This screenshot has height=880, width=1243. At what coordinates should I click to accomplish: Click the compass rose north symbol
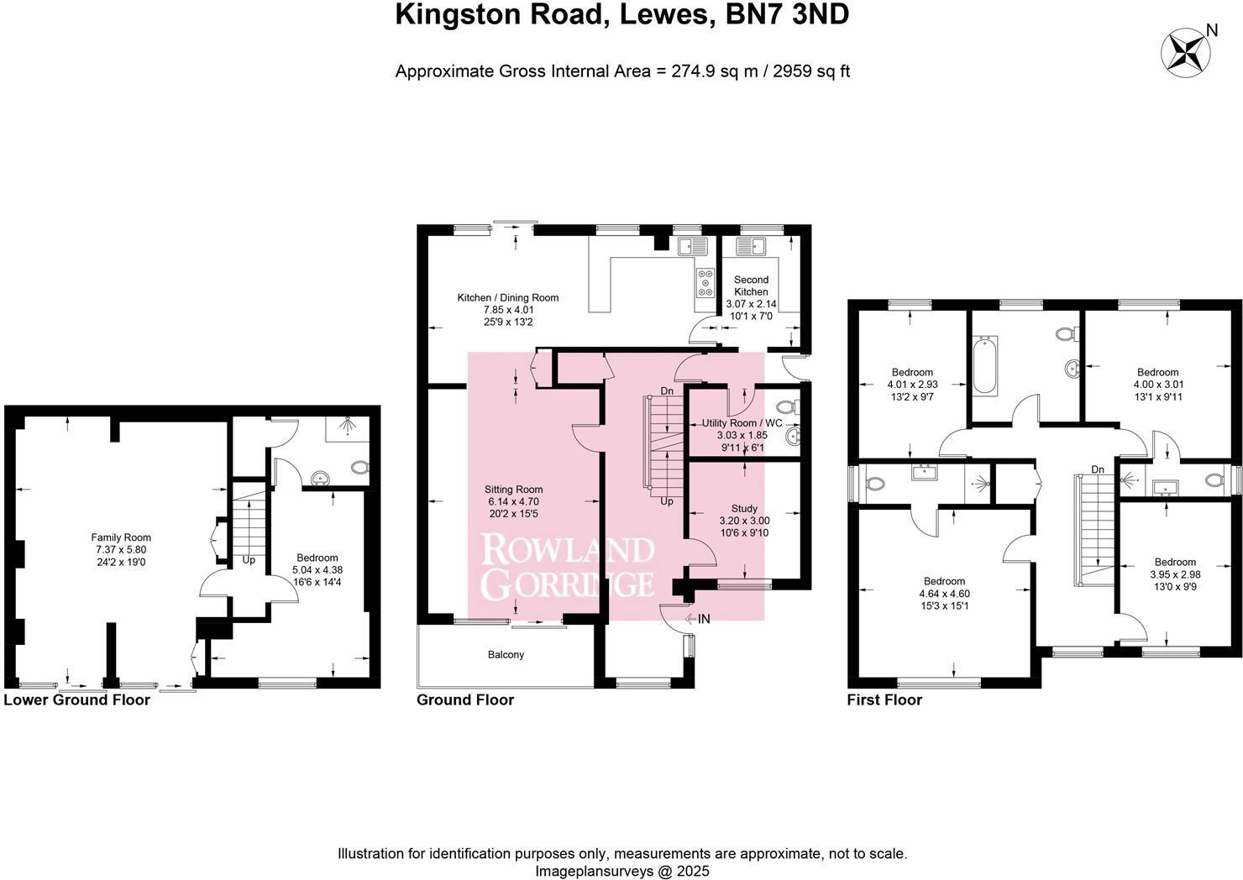coord(1184,52)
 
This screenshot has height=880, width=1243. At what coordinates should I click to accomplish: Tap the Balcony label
coord(506,654)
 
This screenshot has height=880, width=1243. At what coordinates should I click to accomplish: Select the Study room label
coord(744,508)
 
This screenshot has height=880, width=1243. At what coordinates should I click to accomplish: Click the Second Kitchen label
coord(751,285)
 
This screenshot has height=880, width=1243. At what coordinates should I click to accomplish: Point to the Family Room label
coord(121,537)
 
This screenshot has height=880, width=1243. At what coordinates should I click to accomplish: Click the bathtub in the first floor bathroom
coord(985,365)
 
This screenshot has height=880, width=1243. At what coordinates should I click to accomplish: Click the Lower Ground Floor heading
coord(77,699)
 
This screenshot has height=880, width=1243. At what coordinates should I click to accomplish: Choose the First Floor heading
coord(884,699)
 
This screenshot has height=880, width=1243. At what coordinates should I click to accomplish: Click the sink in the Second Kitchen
coord(750,246)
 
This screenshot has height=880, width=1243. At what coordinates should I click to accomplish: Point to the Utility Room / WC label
coord(742,423)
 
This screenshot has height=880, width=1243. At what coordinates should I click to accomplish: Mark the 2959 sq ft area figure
coord(810,71)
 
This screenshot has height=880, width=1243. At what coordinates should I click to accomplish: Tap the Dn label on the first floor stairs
coord(1098,469)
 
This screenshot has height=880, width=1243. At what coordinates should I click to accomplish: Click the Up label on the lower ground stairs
coord(249,559)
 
